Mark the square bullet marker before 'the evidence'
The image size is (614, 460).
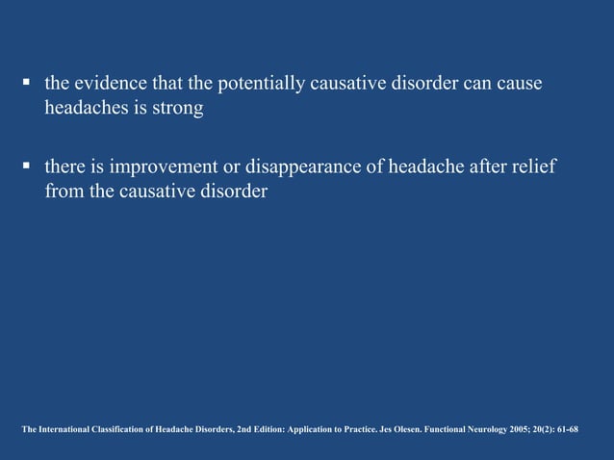click(x=29, y=86)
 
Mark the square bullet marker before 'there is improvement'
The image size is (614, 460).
click(x=29, y=168)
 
